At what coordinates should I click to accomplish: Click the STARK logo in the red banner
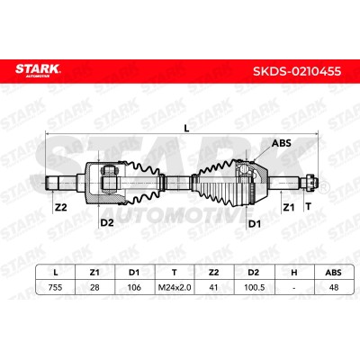pyautogui.click(x=38, y=70)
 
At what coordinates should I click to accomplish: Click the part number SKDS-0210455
pyautogui.click(x=297, y=71)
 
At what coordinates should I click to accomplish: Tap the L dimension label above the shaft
pyautogui.click(x=186, y=129)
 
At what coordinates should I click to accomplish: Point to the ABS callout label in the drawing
pyautogui.click(x=282, y=143)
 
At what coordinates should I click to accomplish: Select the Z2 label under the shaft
pyautogui.click(x=61, y=207)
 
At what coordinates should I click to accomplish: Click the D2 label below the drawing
pyautogui.click(x=107, y=222)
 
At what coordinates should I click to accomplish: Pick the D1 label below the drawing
pyautogui.click(x=255, y=224)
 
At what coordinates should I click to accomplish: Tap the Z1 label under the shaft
pyautogui.click(x=289, y=207)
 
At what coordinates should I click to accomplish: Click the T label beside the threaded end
pyautogui.click(x=308, y=206)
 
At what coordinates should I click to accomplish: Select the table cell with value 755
pyautogui.click(x=55, y=287)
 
